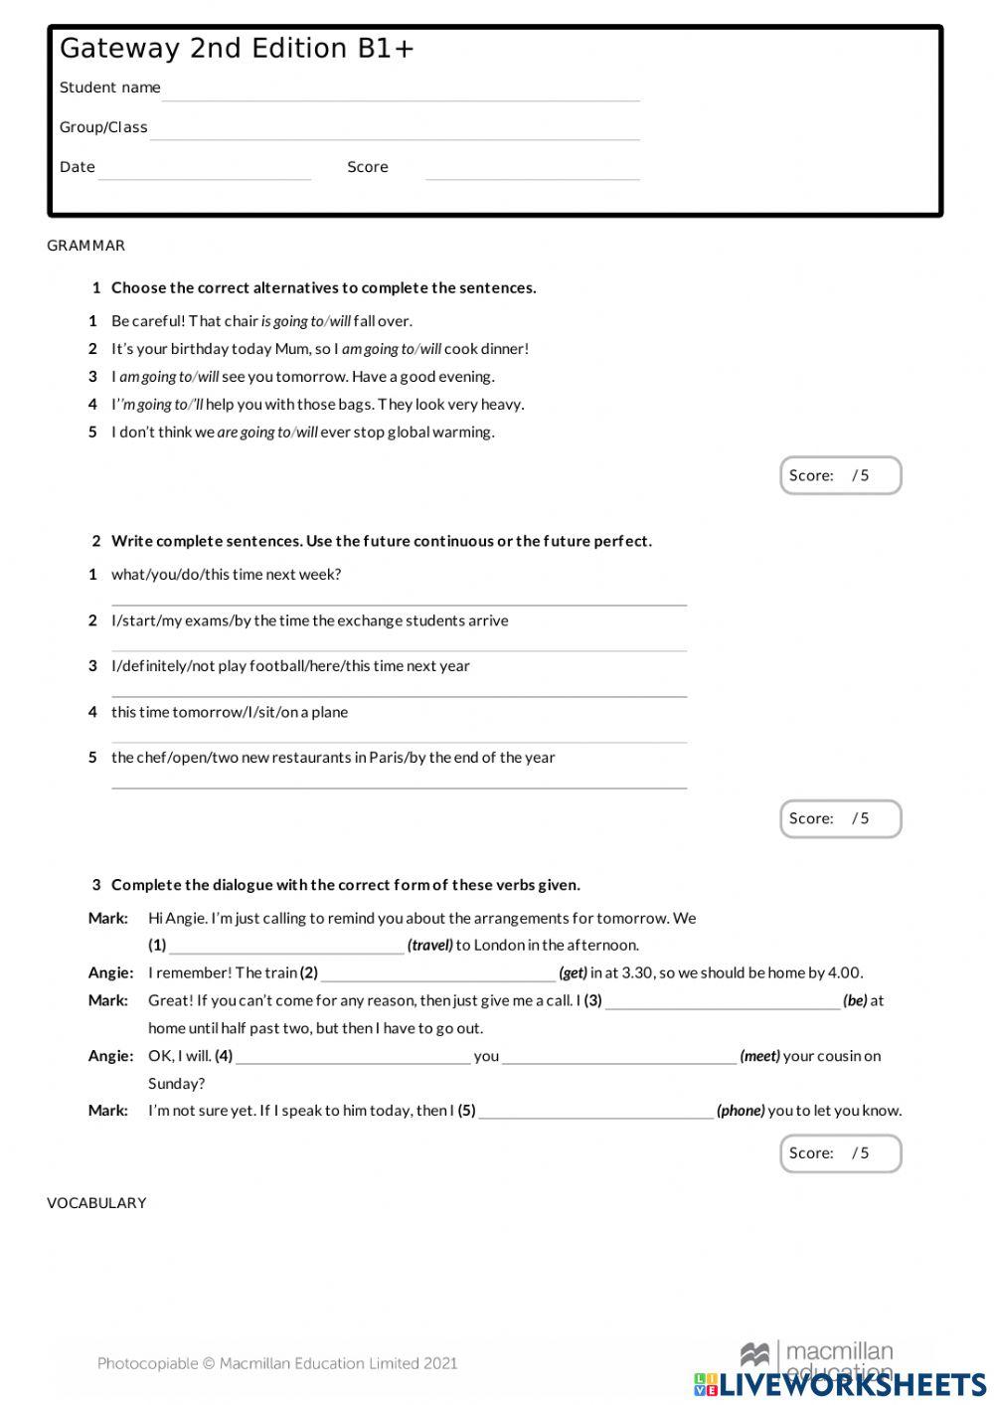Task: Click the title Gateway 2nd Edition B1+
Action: coord(237,49)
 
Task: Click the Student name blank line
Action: coord(401,91)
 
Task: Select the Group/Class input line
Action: coord(395,131)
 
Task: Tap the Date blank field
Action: coord(205,171)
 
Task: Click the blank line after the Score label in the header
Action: coord(532,171)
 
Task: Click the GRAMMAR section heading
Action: coord(86,246)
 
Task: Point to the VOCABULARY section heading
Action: coord(96,1203)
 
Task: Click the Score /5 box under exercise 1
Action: coord(840,475)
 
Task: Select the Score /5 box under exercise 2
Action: coord(840,818)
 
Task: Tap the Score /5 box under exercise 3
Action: coord(840,1153)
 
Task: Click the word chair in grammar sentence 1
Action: coord(242,321)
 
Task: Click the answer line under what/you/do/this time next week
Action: coord(399,598)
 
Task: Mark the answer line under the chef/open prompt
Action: coord(399,782)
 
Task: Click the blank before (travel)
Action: coord(286,947)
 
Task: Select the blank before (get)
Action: coord(438,974)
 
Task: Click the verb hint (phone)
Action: coord(741,1111)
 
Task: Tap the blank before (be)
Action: coord(723,1002)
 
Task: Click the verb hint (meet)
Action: coord(760,1056)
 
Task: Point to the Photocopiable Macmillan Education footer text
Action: coord(277,1363)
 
